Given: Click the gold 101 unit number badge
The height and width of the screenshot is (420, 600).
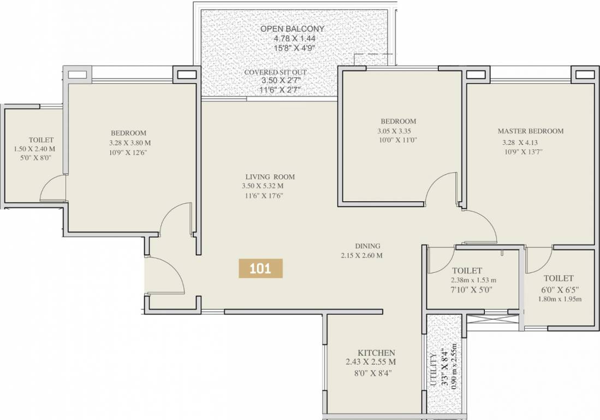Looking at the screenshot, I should coord(261,269).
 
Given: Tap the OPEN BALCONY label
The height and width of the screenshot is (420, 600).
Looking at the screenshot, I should coord(292,28).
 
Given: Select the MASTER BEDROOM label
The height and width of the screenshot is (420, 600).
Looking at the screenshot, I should coord(530,131).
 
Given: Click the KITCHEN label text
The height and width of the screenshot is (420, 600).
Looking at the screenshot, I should coord(376,353).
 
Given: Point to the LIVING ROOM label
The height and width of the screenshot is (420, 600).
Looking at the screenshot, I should coord(270,177).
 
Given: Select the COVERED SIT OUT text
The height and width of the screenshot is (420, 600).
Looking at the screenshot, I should coord(275,72).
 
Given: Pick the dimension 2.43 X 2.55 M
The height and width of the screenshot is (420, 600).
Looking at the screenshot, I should coord(371,362).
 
